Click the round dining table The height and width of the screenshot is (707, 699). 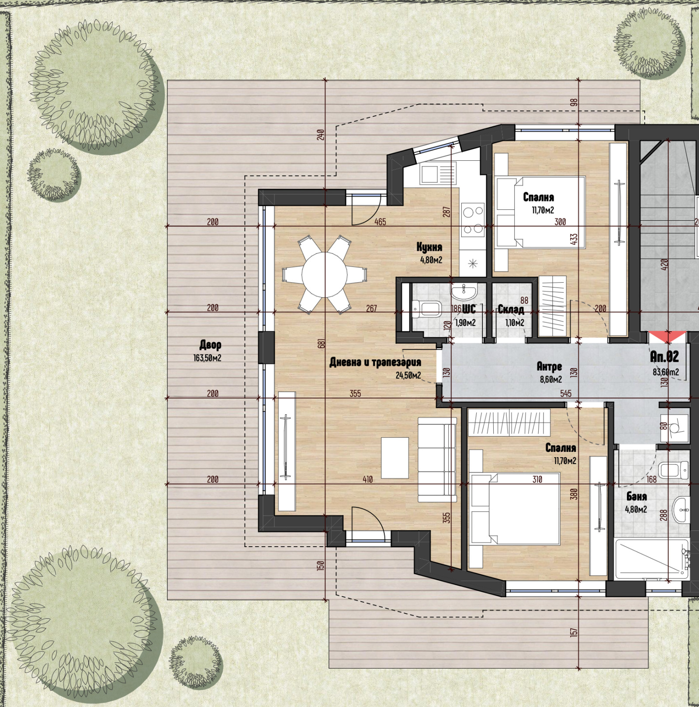click(x=325, y=275)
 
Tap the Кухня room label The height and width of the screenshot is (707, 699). click(x=429, y=247)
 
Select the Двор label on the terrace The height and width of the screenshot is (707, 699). click(x=210, y=345)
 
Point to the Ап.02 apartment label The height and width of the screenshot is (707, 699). click(x=664, y=357)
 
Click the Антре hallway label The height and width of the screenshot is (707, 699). click(x=549, y=366)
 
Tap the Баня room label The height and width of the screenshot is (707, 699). click(x=637, y=496)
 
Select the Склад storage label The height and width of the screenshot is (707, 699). click(x=511, y=310)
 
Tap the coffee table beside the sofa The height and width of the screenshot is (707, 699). click(x=395, y=458)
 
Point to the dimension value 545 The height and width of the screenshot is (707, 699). click(x=566, y=393)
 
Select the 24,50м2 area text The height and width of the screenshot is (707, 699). click(x=408, y=375)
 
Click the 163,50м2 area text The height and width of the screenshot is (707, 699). click(x=207, y=358)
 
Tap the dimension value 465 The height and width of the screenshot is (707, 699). click(x=380, y=222)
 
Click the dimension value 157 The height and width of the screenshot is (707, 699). click(x=574, y=632)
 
